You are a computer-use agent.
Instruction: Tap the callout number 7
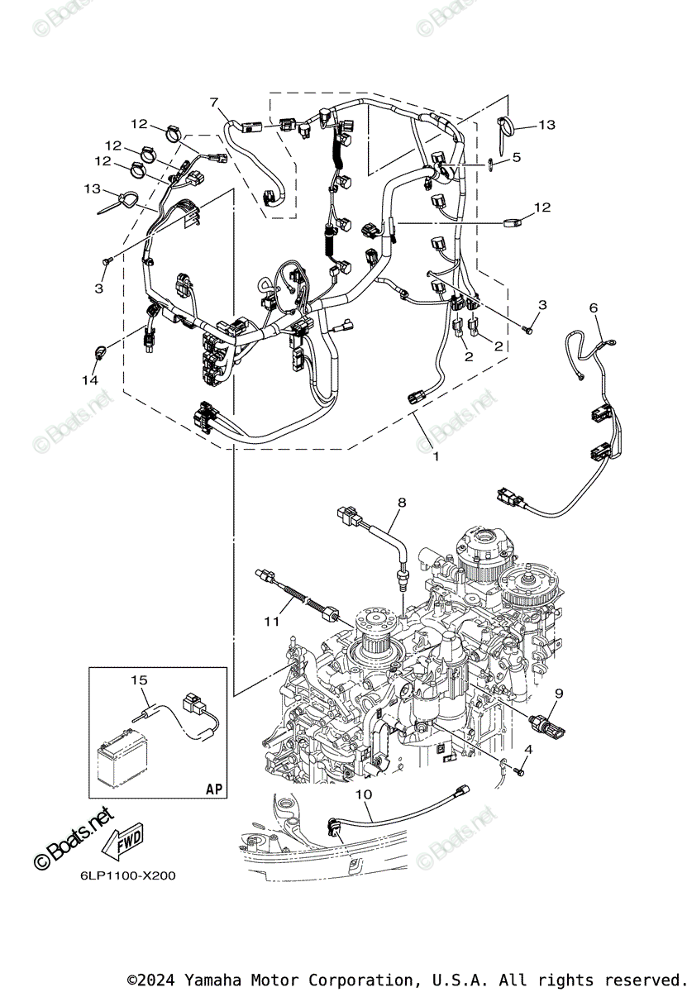[x=214, y=103]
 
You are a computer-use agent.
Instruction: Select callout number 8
[x=402, y=502]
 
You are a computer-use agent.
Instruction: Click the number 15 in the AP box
[x=138, y=680]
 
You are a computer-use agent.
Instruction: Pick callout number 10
[x=364, y=794]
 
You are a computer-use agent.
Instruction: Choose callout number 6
[x=593, y=308]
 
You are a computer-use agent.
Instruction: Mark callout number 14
[x=89, y=380]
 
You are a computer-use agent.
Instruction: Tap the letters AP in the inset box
[x=213, y=789]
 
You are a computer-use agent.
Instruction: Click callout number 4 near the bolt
[x=527, y=749]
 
